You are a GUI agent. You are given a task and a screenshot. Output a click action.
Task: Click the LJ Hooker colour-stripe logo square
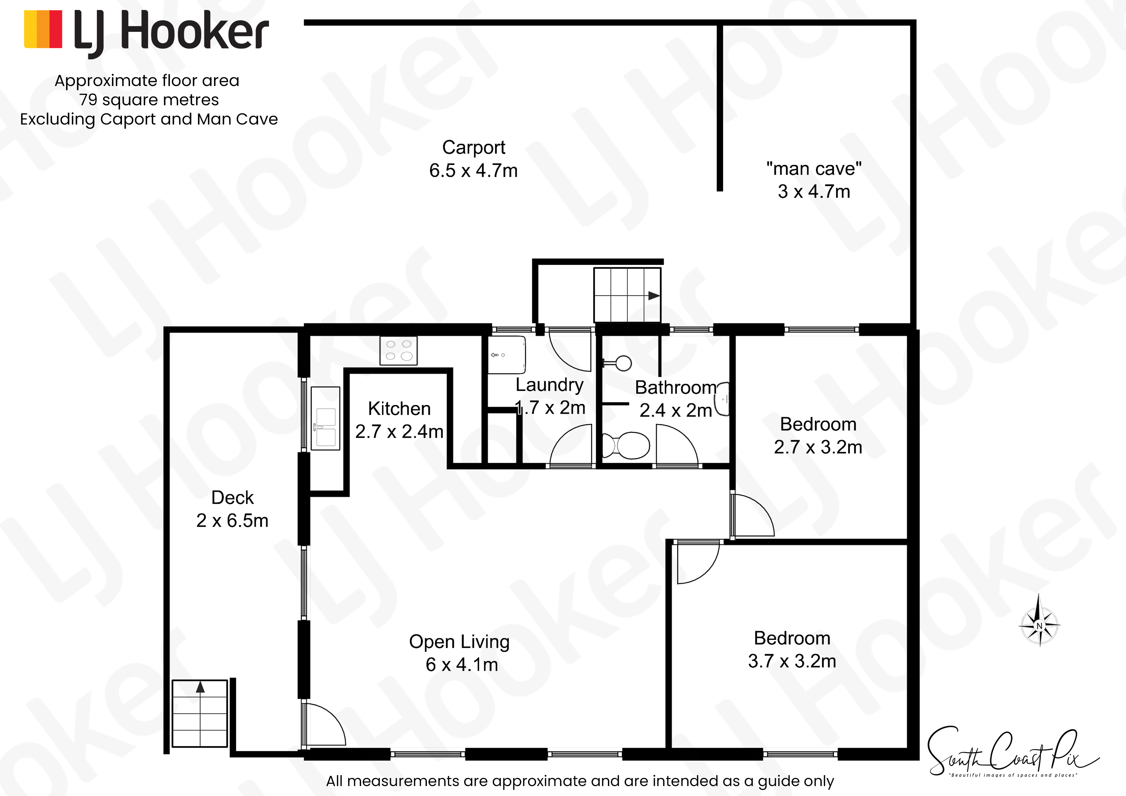(x=43, y=30)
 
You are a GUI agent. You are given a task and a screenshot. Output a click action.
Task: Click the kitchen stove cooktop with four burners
(x=399, y=351)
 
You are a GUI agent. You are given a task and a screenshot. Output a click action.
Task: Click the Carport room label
(x=474, y=147)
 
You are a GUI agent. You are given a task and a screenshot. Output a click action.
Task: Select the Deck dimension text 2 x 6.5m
(x=232, y=520)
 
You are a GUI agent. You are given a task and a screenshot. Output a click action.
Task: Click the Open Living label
(x=460, y=642)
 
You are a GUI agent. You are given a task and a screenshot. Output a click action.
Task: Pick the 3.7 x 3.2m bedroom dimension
(x=792, y=661)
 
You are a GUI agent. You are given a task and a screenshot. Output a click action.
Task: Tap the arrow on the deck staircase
(x=200, y=687)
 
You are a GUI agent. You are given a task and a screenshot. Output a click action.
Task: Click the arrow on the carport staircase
(x=654, y=296)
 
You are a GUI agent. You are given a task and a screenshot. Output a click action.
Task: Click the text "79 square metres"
(x=149, y=99)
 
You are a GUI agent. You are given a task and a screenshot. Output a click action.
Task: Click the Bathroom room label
(x=676, y=387)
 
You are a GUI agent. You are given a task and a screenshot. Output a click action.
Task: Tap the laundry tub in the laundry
(x=507, y=355)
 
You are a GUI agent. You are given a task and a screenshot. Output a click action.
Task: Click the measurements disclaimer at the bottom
(x=580, y=781)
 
